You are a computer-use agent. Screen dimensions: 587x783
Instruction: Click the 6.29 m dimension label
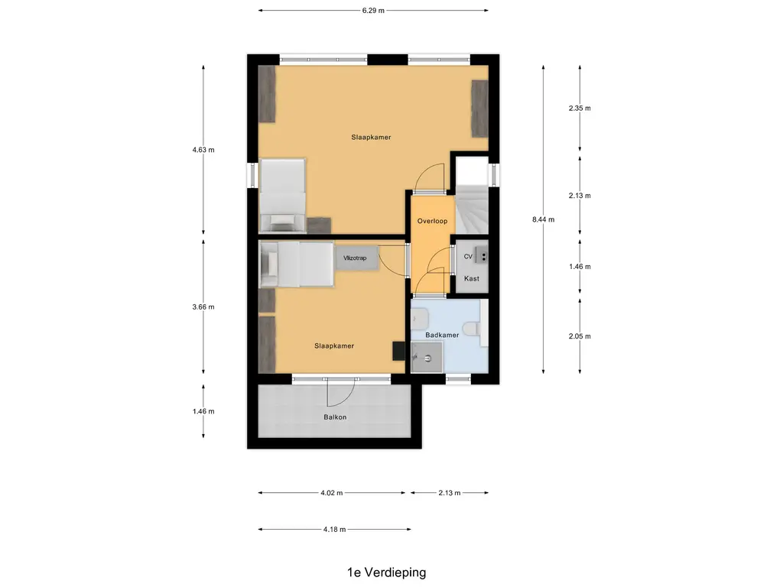point(373,11)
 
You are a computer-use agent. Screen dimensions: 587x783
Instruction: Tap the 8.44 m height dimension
point(543,219)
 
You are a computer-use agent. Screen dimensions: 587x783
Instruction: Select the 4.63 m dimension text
point(203,151)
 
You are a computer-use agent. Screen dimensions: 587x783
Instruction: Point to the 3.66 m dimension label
point(203,307)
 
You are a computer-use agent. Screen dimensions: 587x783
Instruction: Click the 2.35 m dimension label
point(580,109)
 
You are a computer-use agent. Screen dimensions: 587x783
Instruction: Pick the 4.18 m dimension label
point(334,529)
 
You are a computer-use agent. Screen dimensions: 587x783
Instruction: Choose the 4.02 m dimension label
point(331,493)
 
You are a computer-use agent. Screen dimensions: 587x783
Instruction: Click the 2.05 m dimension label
point(580,336)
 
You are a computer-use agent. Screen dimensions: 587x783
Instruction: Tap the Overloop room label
point(432,221)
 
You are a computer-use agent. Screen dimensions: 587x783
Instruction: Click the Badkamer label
point(442,335)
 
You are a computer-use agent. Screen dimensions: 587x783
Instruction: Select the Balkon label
point(335,417)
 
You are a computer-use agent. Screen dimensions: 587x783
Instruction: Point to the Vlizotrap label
point(356,258)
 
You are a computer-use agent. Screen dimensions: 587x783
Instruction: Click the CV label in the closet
point(468,257)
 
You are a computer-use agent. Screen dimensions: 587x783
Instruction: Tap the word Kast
point(472,278)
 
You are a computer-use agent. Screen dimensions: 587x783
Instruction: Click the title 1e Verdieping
point(386,572)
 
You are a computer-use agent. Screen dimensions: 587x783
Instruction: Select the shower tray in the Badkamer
point(426,357)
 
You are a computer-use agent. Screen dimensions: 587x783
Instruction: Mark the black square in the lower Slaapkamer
point(398,349)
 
